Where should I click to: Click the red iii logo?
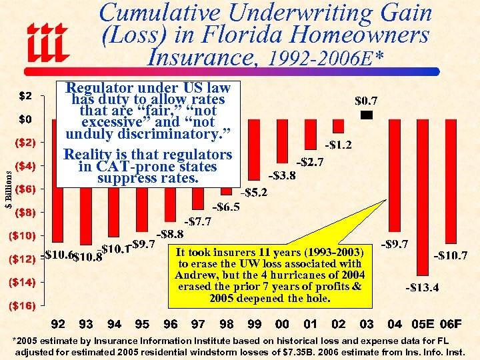click(x=49, y=41)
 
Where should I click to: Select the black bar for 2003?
click(x=366, y=116)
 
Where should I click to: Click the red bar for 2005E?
click(x=423, y=197)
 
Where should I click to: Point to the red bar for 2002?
click(x=338, y=126)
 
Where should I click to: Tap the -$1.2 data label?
click(x=338, y=145)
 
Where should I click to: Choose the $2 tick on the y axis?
click(x=26, y=95)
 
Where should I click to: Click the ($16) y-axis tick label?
click(x=22, y=306)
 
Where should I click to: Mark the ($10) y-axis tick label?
click(x=22, y=235)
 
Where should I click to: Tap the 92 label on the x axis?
click(x=58, y=324)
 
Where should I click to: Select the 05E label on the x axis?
click(x=423, y=324)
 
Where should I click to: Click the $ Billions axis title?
click(x=8, y=189)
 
